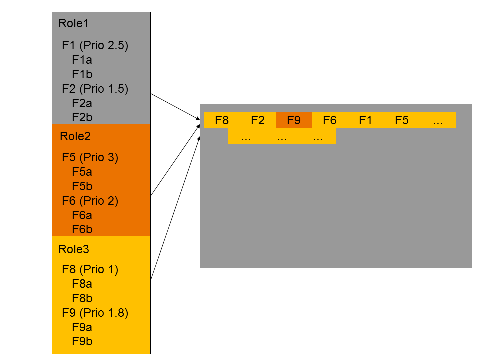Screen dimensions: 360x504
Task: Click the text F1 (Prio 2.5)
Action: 95,45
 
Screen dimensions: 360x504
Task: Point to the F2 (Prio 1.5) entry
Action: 95,89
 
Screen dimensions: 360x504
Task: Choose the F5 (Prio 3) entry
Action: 90,157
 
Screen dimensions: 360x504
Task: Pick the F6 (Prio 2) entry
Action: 90,201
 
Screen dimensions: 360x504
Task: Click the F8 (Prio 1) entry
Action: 90,269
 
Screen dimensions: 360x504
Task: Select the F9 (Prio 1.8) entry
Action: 95,313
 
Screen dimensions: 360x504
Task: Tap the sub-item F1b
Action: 82,74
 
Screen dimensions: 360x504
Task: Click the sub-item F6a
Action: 82,215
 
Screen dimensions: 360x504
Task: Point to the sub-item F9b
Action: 82,342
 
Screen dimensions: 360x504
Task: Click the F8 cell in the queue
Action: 222,120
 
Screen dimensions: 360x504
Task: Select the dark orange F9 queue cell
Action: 294,120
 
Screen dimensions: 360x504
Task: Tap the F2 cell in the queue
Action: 258,120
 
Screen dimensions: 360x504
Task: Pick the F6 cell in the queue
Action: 330,120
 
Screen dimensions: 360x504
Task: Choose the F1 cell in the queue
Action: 366,120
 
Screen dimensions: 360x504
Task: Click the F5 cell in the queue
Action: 402,120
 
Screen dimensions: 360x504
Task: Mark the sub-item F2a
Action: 82,103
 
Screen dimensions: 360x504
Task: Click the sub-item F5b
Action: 82,186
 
